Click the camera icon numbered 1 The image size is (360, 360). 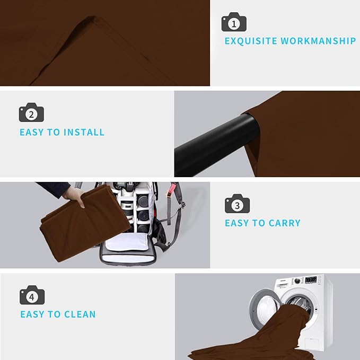[234, 22]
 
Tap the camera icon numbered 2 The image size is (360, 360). [31, 112]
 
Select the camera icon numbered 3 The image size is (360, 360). [237, 204]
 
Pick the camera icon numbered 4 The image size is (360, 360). [32, 295]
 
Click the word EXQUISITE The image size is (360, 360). [251, 41]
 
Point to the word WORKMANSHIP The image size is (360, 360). [318, 41]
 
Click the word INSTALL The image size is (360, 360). [84, 132]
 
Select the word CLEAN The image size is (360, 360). [80, 314]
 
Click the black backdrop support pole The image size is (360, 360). [216, 145]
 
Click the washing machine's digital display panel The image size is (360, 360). [311, 279]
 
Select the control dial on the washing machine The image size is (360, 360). [297, 281]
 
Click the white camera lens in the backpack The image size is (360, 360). [127, 207]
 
